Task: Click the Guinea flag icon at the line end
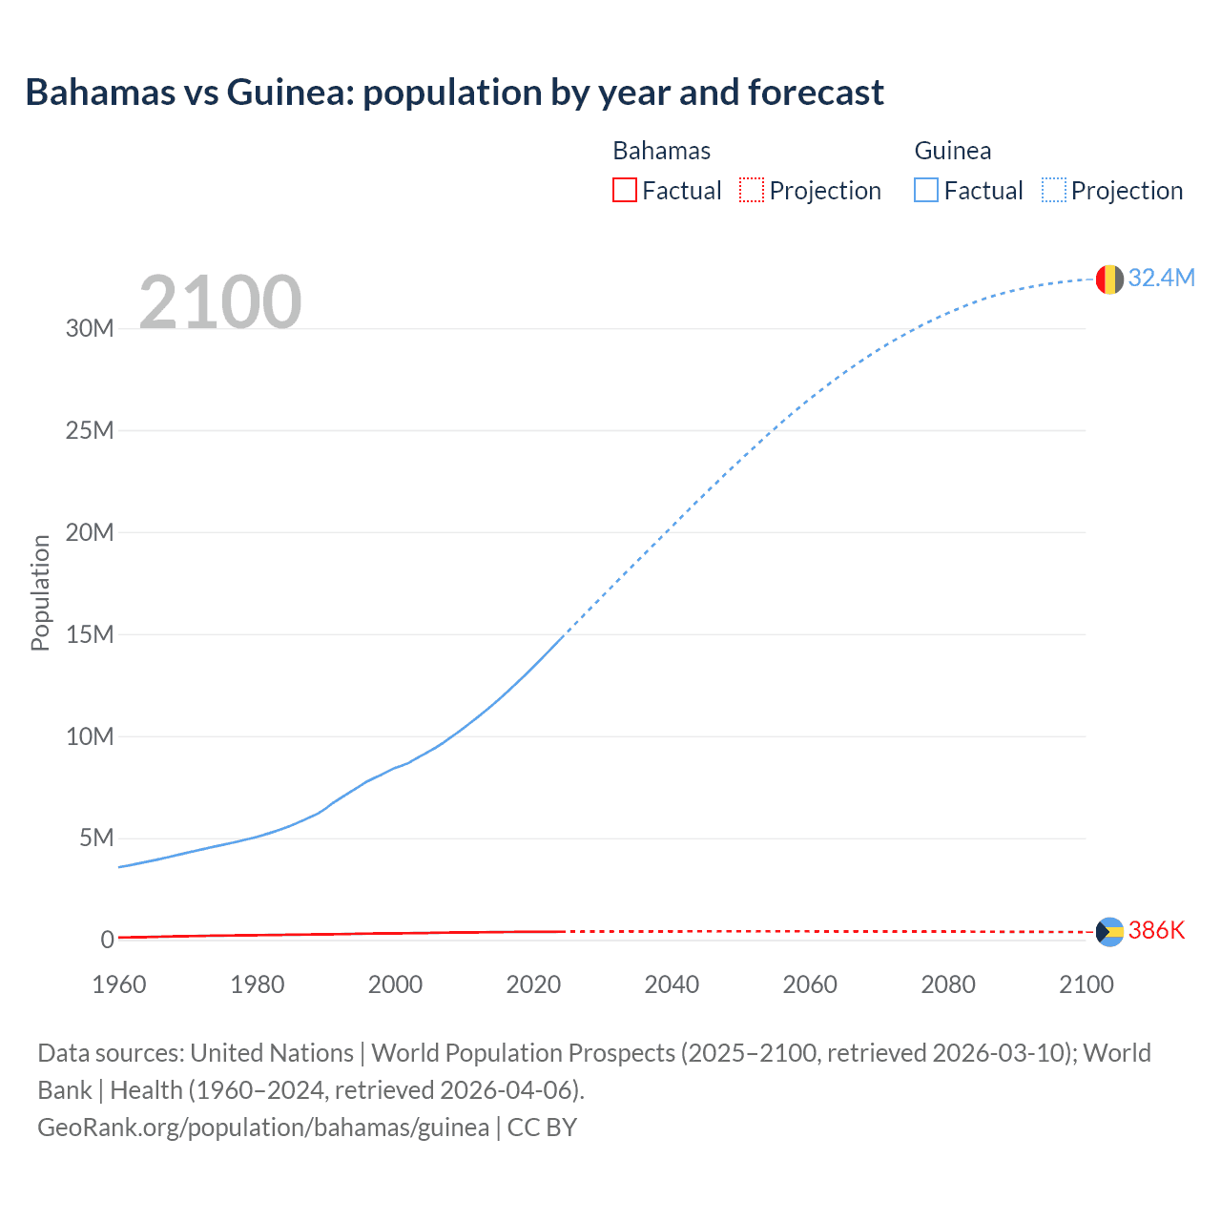(x=1109, y=279)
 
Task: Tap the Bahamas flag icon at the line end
(x=1109, y=932)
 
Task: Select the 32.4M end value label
(x=1161, y=278)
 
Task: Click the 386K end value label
(x=1156, y=931)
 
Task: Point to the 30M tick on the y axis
(x=90, y=329)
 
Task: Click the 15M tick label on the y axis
(x=90, y=634)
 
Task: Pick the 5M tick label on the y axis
(x=96, y=838)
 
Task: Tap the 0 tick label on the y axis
(x=107, y=941)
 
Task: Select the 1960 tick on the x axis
(x=119, y=984)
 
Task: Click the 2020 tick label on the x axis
(x=533, y=984)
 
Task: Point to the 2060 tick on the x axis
(x=810, y=984)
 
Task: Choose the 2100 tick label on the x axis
(x=1086, y=984)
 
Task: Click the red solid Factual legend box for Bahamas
(x=624, y=190)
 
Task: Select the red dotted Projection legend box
(x=752, y=190)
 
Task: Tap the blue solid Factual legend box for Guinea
(x=925, y=190)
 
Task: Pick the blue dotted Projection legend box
(x=1053, y=190)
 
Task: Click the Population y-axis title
(x=40, y=592)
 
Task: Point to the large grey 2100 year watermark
(x=220, y=302)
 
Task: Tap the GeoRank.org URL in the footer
(x=263, y=1128)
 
